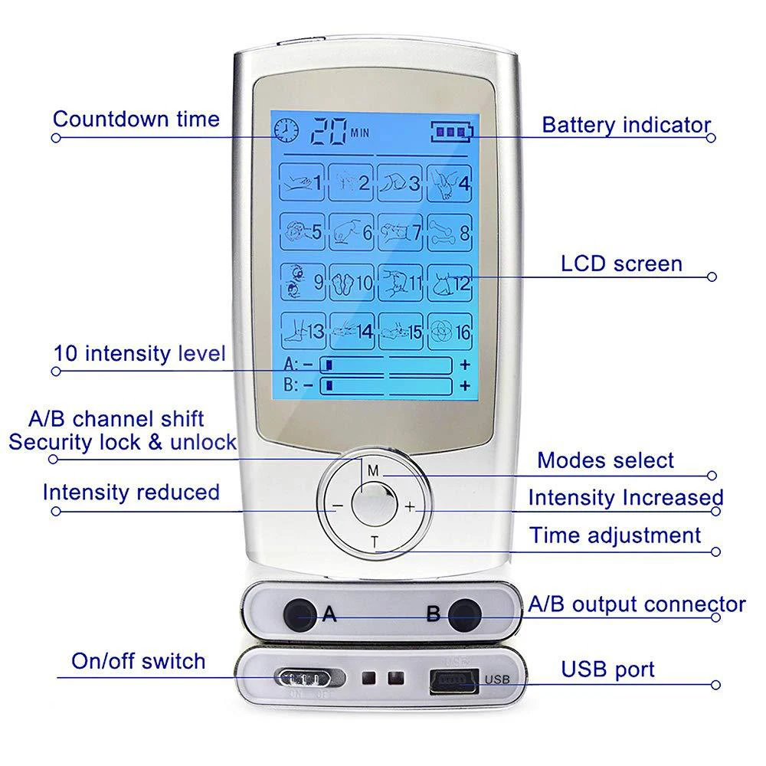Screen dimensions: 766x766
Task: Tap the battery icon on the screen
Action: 452,132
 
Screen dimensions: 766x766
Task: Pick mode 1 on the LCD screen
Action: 302,182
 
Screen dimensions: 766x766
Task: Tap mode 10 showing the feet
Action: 350,283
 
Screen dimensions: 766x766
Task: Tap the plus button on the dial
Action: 410,506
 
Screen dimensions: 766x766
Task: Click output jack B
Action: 466,614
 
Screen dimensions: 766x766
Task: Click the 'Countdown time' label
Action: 136,119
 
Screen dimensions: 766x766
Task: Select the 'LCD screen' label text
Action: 621,264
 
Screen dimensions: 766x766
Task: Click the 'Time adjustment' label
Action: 615,535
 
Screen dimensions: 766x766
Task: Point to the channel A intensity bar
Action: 386,365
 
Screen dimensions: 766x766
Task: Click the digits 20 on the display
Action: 328,131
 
